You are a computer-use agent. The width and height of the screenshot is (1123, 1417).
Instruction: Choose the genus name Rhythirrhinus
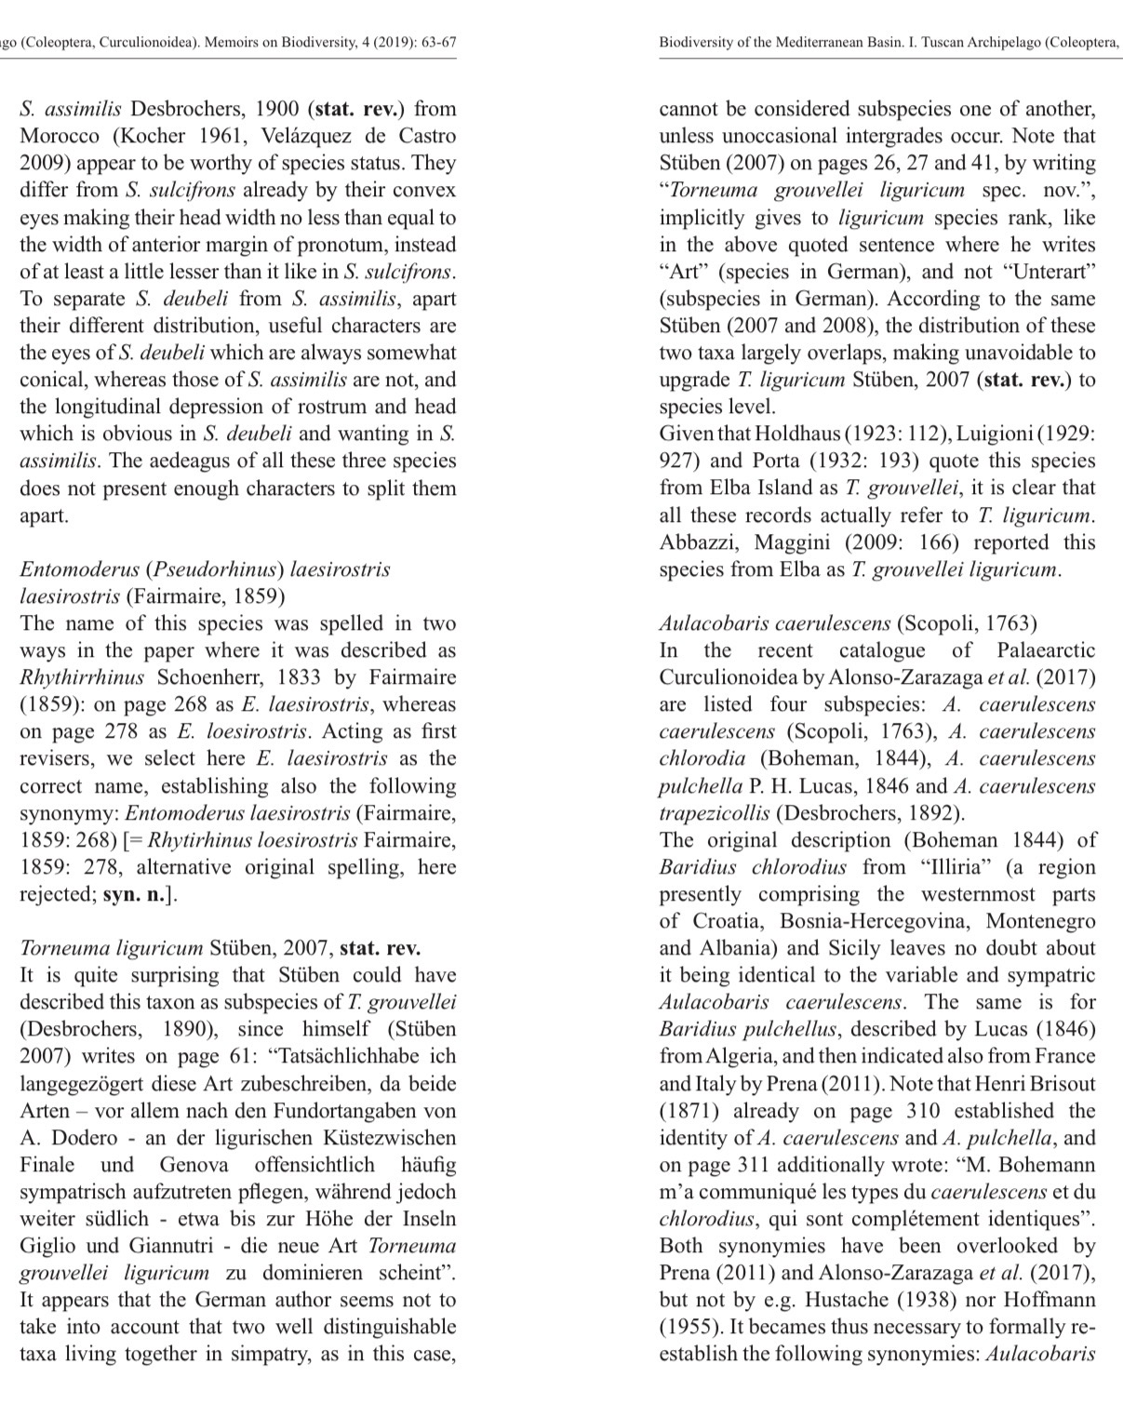[83, 677]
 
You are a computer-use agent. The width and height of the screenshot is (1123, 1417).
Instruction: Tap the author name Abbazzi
[698, 542]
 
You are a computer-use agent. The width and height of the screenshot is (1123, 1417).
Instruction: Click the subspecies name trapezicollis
[715, 813]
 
